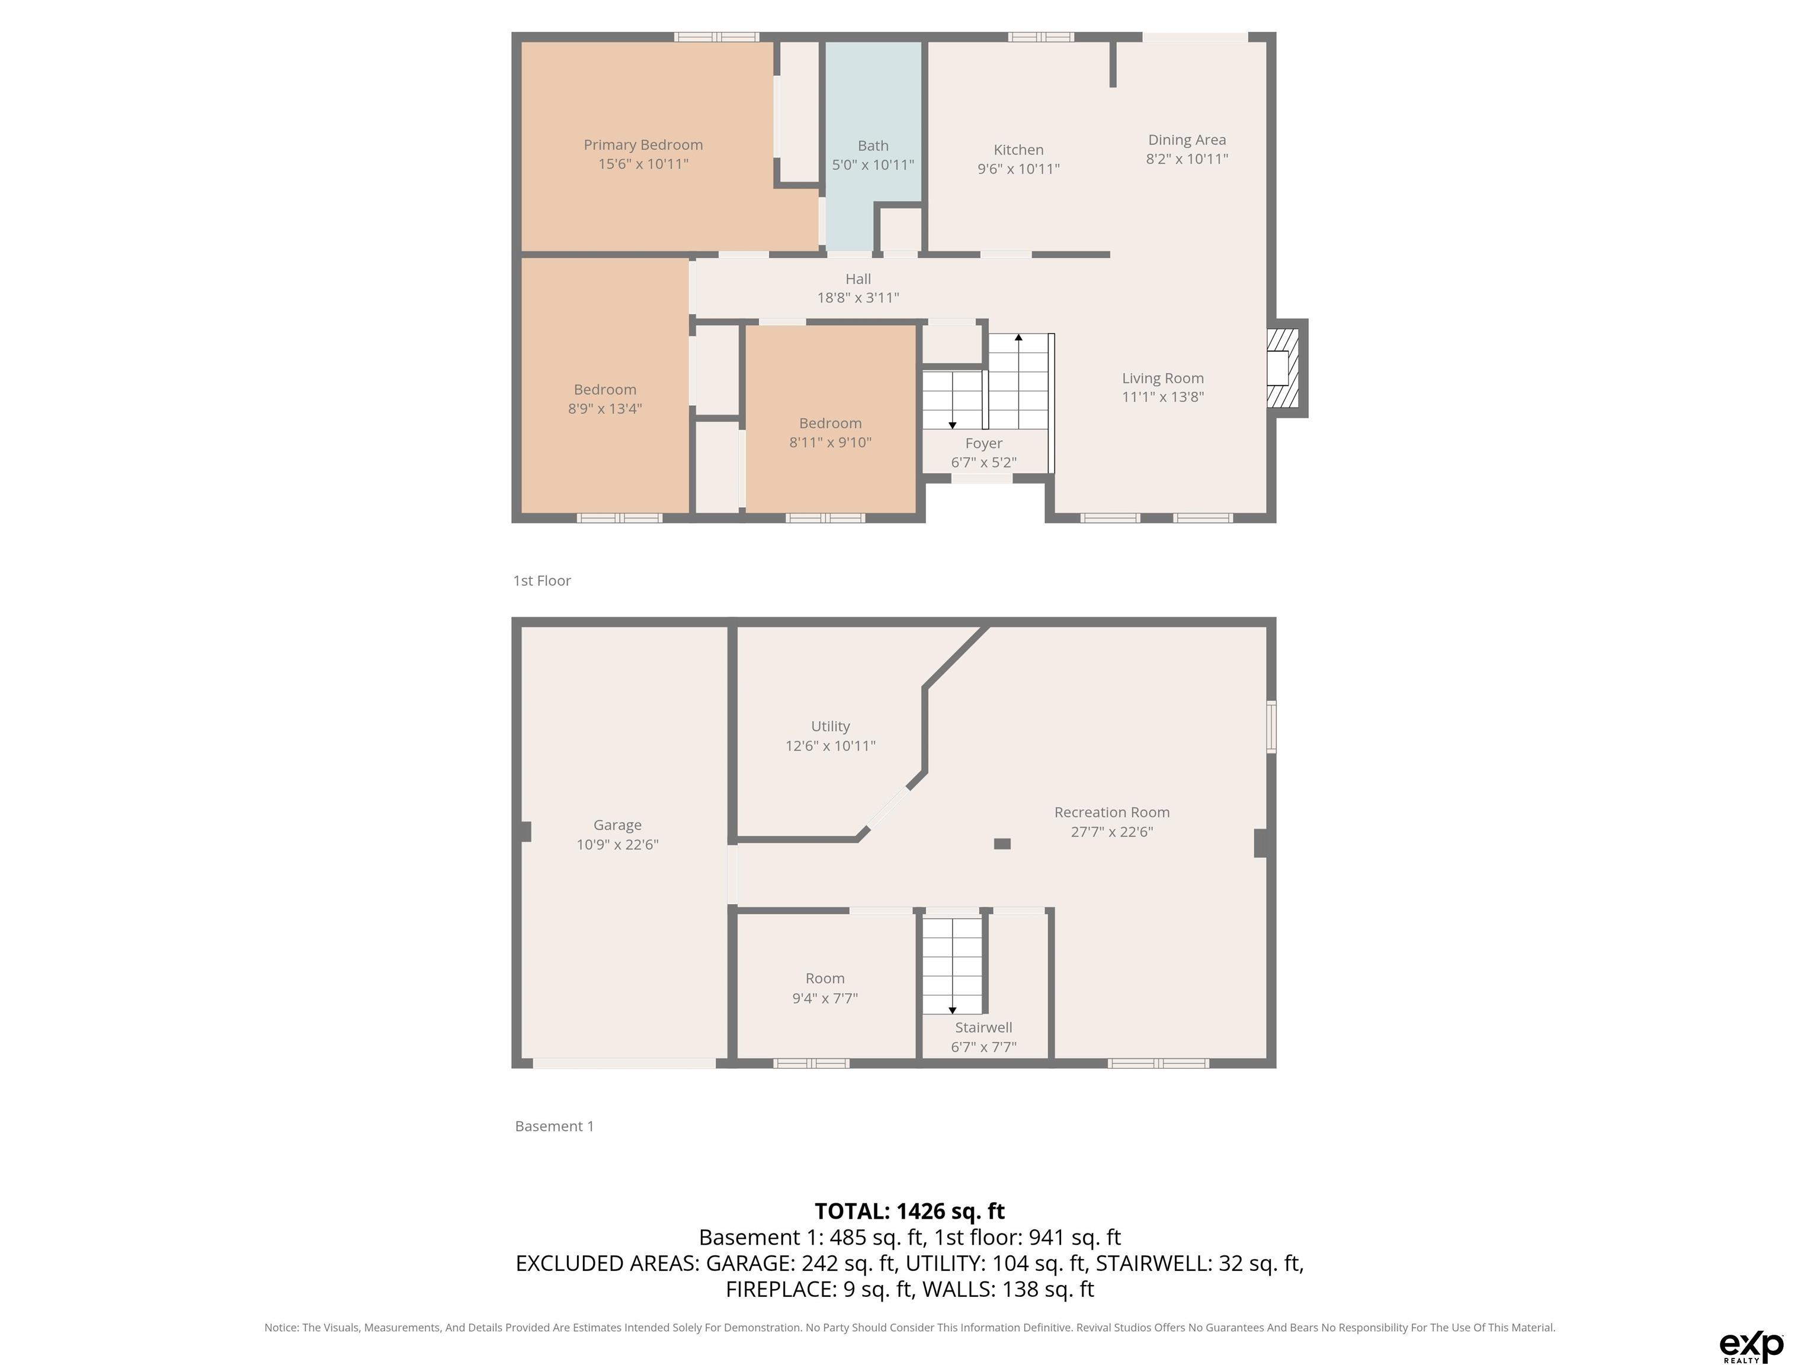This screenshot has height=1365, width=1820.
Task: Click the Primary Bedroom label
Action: (x=643, y=145)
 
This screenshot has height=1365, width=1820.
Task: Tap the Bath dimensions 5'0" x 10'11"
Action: (x=873, y=165)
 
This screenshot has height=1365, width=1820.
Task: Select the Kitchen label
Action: (x=1018, y=150)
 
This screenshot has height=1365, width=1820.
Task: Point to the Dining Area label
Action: (x=1187, y=140)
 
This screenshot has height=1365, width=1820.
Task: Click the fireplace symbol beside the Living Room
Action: (x=1282, y=368)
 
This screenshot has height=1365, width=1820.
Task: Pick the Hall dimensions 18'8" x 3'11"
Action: (x=858, y=298)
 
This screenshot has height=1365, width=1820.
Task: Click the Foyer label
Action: (x=984, y=444)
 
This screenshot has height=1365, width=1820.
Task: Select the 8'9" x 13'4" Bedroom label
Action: (x=605, y=389)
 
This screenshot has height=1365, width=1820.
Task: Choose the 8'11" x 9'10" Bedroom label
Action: (x=830, y=423)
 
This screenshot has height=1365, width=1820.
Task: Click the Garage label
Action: (x=617, y=825)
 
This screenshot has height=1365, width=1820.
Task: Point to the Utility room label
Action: (x=830, y=726)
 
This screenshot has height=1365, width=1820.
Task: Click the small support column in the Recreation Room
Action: (x=1002, y=844)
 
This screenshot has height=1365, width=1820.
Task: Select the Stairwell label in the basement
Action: (x=984, y=1028)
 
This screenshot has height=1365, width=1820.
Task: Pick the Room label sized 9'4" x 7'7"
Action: (x=825, y=978)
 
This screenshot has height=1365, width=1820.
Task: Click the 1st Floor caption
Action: (x=542, y=581)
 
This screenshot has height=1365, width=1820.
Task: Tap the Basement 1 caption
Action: (x=555, y=1126)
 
